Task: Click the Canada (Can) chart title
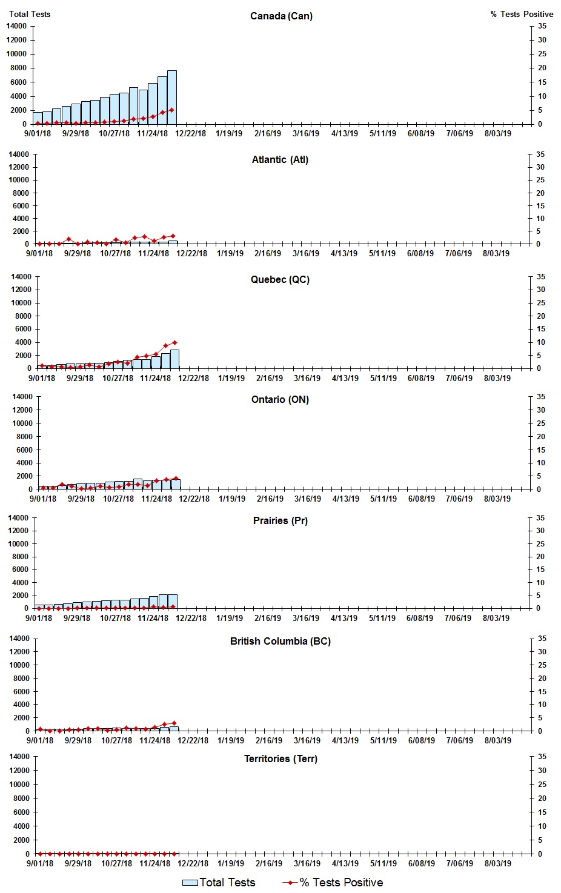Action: [x=281, y=16]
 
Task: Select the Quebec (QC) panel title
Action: [x=280, y=280]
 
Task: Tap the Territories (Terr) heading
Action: [x=280, y=759]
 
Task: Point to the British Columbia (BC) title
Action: [x=280, y=642]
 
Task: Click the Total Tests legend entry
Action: [x=219, y=883]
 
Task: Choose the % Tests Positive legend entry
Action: [x=333, y=883]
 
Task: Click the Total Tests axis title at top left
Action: [x=30, y=14]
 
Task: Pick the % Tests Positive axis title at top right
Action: [x=522, y=14]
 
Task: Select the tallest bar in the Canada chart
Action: [x=172, y=98]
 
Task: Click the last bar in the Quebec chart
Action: [x=174, y=359]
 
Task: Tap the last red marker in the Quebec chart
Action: [x=174, y=343]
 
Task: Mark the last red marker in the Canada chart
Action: [x=172, y=110]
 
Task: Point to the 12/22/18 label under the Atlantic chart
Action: [x=191, y=254]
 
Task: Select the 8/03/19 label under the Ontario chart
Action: [x=497, y=499]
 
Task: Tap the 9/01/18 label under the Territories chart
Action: [x=39, y=864]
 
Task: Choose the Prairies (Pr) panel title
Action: [x=280, y=521]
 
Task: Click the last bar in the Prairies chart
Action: [x=173, y=602]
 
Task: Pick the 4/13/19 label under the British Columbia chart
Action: [x=345, y=741]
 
